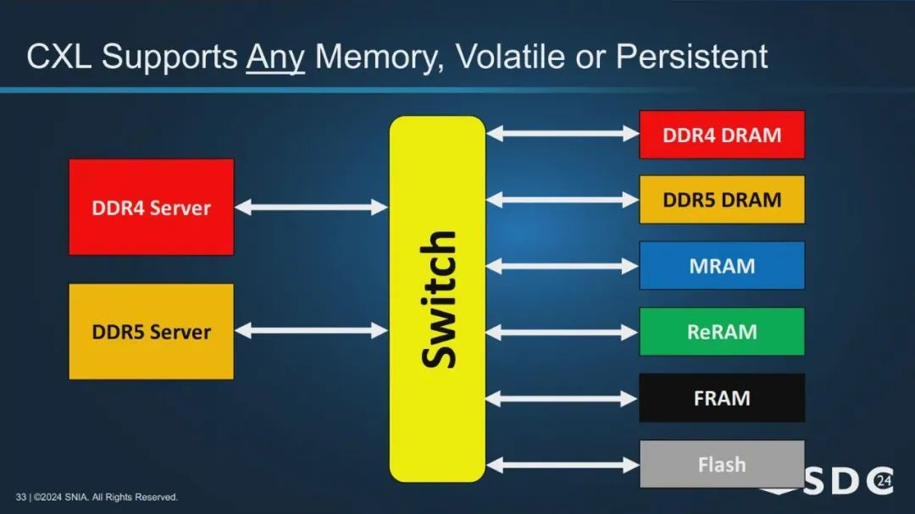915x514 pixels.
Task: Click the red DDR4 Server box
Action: [151, 207]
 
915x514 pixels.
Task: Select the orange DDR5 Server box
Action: [151, 331]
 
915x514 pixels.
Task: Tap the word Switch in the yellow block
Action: [438, 300]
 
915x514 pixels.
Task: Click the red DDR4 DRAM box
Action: [722, 135]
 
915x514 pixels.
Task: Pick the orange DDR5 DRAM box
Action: [722, 200]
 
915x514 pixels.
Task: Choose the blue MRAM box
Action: [722, 265]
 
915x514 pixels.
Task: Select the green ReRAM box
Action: [722, 331]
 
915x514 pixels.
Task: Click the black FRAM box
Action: [722, 398]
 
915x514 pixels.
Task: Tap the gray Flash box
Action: [722, 464]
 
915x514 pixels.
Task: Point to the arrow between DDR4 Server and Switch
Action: [311, 207]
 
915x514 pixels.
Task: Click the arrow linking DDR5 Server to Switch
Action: [311, 331]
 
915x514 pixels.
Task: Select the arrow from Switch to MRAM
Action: [562, 266]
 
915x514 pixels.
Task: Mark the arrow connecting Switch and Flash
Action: [562, 465]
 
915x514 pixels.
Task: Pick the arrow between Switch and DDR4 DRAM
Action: [562, 134]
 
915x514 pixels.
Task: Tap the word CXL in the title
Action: [59, 57]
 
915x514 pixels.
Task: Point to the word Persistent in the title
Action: [691, 57]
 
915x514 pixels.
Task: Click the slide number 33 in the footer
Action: [21, 497]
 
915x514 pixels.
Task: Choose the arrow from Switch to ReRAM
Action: [562, 333]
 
